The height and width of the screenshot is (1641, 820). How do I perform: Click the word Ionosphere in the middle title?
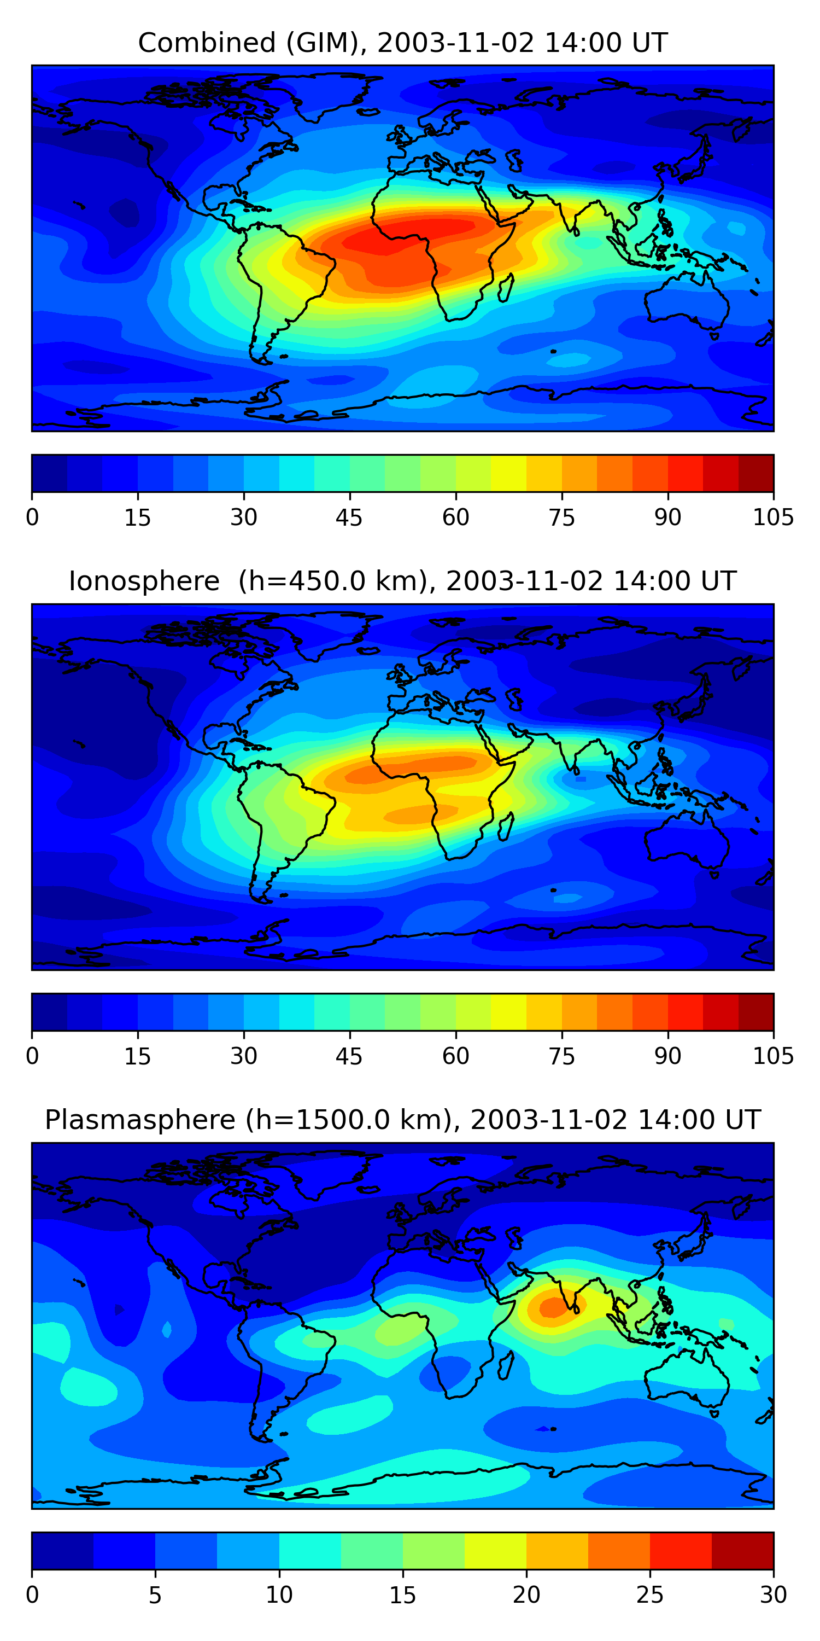pyautogui.click(x=144, y=581)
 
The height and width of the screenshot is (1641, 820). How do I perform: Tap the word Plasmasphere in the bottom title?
pyautogui.click(x=140, y=1120)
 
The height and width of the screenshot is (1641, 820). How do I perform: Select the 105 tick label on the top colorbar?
pyautogui.click(x=773, y=517)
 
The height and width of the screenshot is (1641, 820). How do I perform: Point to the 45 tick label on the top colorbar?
pyautogui.click(x=349, y=517)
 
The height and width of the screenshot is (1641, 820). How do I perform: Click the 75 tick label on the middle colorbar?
pyautogui.click(x=561, y=1056)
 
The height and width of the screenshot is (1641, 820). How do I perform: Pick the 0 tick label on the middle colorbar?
pyautogui.click(x=32, y=1056)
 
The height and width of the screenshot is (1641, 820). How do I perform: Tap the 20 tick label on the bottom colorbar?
pyautogui.click(x=526, y=1595)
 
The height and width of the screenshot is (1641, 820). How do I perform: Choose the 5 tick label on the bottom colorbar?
pyautogui.click(x=155, y=1595)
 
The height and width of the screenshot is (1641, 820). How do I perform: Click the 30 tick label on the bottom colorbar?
pyautogui.click(x=773, y=1595)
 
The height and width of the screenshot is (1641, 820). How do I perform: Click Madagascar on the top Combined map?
pyautogui.click(x=506, y=288)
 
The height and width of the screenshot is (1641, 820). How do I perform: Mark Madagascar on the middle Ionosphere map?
pyautogui.click(x=506, y=826)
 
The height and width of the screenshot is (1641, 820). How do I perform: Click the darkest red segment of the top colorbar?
pyautogui.click(x=755, y=473)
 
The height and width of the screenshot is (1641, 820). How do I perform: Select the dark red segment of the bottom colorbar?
pyautogui.click(x=742, y=1551)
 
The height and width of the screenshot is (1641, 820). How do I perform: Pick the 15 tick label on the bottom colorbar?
pyautogui.click(x=403, y=1595)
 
